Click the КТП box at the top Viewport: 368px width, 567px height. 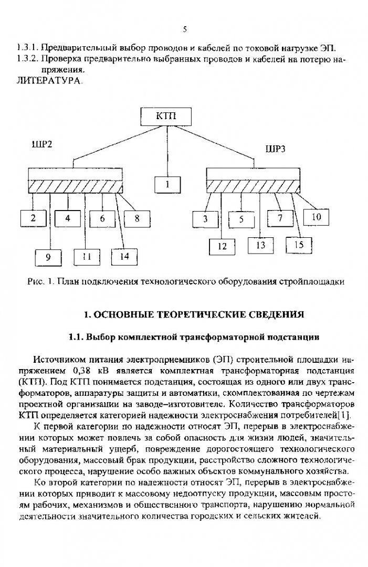click(x=166, y=116)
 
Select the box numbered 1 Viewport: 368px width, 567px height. click(x=167, y=184)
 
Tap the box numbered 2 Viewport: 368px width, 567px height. click(x=33, y=218)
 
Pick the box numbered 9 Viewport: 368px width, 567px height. click(x=49, y=257)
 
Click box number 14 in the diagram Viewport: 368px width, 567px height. click(x=125, y=257)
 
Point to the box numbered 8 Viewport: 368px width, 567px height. click(x=137, y=218)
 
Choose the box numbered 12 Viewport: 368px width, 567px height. click(x=223, y=245)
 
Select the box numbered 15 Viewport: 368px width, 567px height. click(x=299, y=245)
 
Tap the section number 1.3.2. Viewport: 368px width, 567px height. click(x=28, y=59)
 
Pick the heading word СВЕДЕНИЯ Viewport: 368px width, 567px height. click(x=273, y=314)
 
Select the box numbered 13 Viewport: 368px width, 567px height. click(x=260, y=245)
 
